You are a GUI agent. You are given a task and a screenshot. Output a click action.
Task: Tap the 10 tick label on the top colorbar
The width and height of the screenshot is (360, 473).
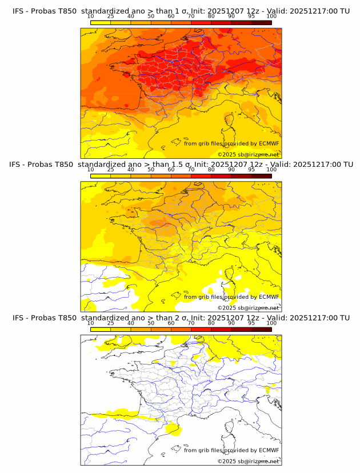[90, 17]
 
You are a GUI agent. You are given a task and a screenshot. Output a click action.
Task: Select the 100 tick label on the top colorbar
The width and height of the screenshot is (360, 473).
[271, 17]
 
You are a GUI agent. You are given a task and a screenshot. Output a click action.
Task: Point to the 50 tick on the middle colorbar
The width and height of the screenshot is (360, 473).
[151, 170]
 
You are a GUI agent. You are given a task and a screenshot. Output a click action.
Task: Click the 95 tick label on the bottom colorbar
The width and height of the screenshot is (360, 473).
[251, 323]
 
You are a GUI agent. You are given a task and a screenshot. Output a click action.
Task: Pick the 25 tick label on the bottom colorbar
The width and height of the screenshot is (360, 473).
[110, 323]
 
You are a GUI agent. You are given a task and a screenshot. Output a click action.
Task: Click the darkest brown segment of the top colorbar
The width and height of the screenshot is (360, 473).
[262, 22]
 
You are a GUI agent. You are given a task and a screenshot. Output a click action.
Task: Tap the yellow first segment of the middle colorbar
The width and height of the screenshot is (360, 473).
[101, 176]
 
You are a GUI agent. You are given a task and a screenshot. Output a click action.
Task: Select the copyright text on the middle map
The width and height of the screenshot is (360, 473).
[248, 307]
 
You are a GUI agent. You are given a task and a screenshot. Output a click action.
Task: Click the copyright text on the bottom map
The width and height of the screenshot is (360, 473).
[248, 461]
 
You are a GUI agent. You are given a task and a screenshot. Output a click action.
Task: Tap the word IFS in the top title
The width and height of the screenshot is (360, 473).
[18, 11]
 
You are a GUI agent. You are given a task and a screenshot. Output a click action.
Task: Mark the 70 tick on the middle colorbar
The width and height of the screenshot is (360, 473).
[191, 170]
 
